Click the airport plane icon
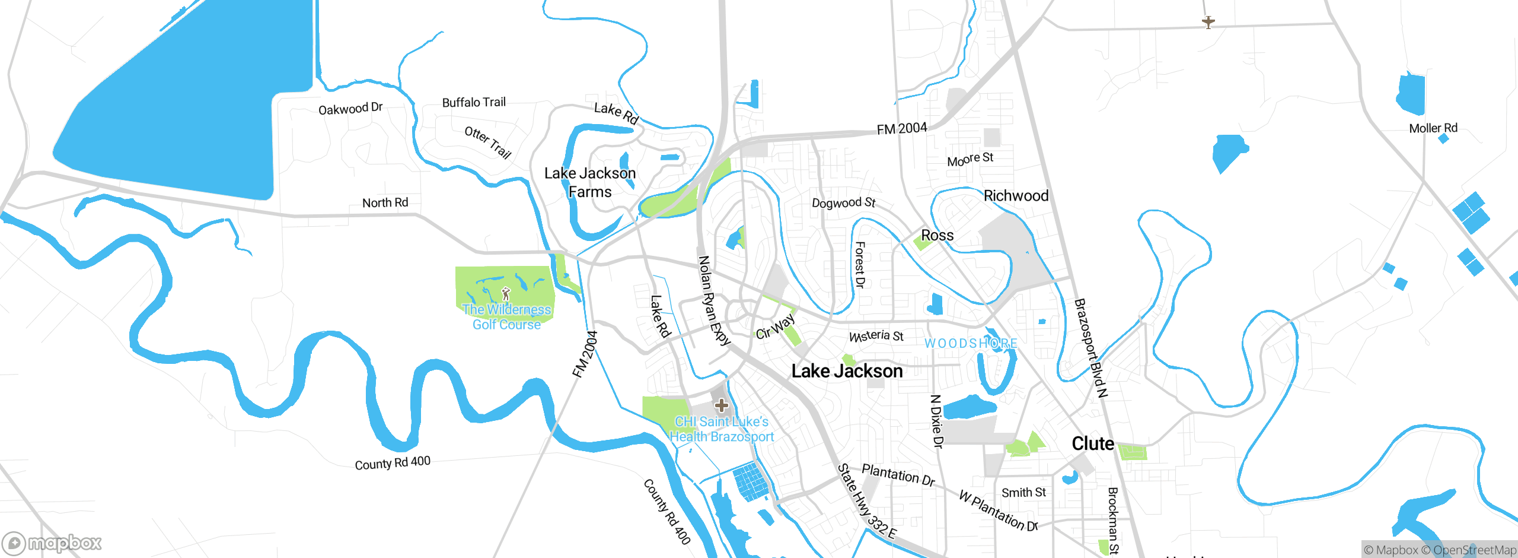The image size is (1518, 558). pos(1208,22)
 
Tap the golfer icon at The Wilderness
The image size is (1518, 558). pos(506,293)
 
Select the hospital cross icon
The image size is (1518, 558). pos(721,405)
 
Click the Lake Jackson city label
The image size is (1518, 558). pos(847,371)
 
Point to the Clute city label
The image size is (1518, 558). pos(1092,443)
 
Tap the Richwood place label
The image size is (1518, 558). pos(1016,195)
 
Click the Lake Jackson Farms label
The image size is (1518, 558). pos(590,182)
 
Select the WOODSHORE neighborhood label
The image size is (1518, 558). pos(971,343)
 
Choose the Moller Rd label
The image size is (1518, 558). pos(1433,128)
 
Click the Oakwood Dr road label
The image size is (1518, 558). pos(350,109)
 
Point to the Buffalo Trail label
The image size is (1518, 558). pos(474,102)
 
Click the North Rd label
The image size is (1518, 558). pos(385,202)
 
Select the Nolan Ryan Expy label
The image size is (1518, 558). pos(713,300)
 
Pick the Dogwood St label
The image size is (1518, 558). pos(843,203)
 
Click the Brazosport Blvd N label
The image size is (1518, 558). pos(1090,347)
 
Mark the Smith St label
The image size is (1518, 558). pos(1023,493)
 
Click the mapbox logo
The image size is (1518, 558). pos(52,543)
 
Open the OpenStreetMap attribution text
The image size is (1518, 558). pos(1474,550)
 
